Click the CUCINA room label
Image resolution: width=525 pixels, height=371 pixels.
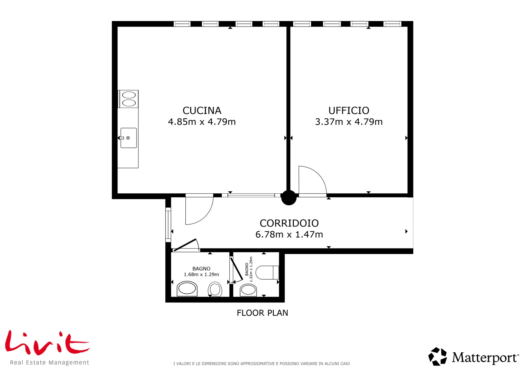click(x=202, y=110)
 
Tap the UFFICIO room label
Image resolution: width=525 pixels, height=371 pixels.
click(x=349, y=110)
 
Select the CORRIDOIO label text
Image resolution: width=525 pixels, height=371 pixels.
click(x=289, y=223)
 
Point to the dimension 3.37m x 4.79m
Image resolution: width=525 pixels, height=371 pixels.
click(x=349, y=122)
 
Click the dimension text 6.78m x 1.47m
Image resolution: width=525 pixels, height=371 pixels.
click(x=289, y=234)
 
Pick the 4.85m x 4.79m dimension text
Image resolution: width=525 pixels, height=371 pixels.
click(x=202, y=122)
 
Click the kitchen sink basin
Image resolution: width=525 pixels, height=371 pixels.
click(x=128, y=138)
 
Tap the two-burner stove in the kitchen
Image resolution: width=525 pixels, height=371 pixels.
click(x=128, y=99)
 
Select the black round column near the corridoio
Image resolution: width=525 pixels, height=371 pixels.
click(x=289, y=198)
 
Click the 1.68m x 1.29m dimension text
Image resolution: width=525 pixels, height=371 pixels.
click(x=201, y=274)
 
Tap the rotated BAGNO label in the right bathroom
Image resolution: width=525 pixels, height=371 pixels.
click(x=246, y=269)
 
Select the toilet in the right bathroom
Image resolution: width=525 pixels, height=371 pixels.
click(x=267, y=272)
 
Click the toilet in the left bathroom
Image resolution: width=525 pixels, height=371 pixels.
click(x=215, y=289)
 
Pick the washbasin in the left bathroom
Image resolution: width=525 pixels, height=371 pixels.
click(x=187, y=289)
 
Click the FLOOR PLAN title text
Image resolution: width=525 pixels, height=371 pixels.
click(x=262, y=313)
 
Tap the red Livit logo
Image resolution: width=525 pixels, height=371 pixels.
click(x=47, y=343)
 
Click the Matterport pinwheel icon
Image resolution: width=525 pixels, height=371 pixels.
click(x=437, y=357)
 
